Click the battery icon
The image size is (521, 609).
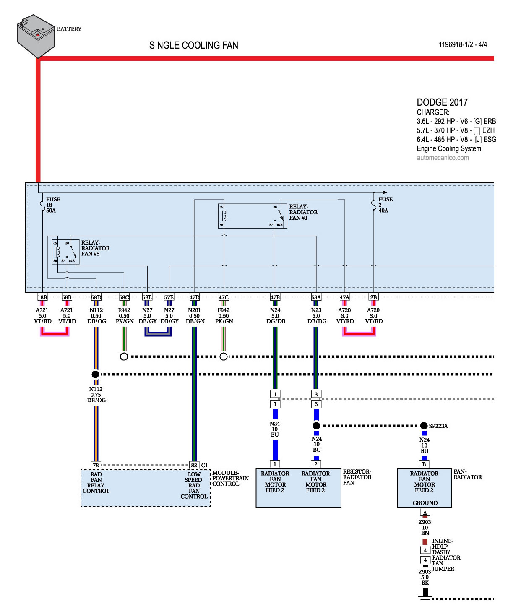[36, 36]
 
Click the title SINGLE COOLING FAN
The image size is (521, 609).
[193, 45]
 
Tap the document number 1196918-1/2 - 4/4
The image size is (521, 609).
[463, 44]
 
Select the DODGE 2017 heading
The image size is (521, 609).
[442, 102]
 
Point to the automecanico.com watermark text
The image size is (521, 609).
[443, 158]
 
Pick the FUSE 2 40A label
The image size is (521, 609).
[385, 205]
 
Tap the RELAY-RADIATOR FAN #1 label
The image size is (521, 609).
[303, 212]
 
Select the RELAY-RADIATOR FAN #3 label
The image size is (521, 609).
[95, 248]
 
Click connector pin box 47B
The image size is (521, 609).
[275, 297]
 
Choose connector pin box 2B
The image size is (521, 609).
[373, 297]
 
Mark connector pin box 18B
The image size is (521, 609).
[42, 297]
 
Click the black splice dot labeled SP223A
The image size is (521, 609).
[424, 426]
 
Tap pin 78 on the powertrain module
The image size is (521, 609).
[96, 465]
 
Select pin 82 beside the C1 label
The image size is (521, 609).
[194, 465]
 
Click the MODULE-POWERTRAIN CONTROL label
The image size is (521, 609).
[230, 478]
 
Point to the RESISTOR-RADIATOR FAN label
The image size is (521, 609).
[357, 477]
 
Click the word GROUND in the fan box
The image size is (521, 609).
[425, 503]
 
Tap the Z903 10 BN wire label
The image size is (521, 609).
[425, 528]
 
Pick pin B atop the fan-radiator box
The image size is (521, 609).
[424, 464]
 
